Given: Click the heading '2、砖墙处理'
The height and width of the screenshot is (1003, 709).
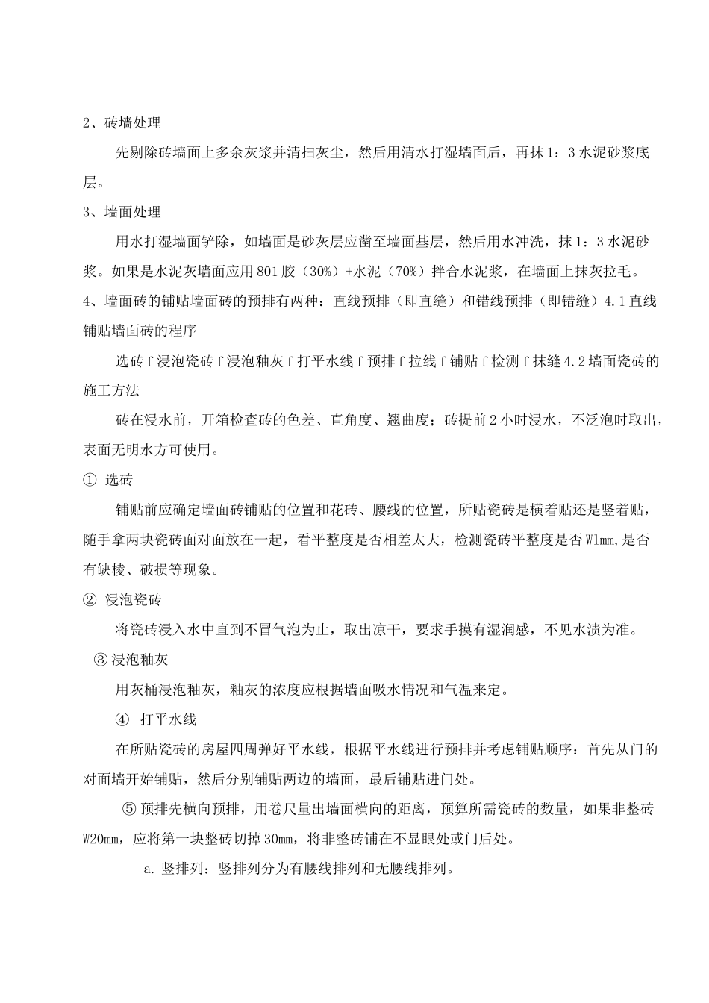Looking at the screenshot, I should coord(121,123).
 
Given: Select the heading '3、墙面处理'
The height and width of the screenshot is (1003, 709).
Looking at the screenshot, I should coord(121,213).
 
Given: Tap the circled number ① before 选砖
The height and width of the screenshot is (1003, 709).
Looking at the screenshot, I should coord(89,481).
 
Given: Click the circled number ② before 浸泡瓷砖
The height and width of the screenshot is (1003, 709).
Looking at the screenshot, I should coord(89,600).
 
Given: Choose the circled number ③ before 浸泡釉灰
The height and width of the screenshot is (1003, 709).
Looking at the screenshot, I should coord(102,660).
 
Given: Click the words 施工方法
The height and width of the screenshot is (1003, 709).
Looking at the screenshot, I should coord(110,391).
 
